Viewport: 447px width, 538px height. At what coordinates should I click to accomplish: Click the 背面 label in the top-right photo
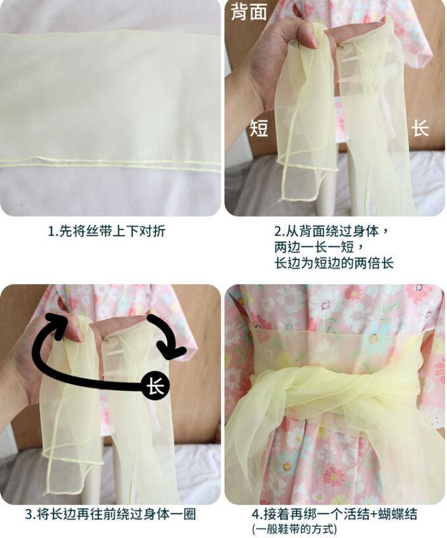249,12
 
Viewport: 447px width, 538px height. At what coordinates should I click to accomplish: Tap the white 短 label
259,129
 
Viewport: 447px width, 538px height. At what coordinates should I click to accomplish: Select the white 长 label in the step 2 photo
420,129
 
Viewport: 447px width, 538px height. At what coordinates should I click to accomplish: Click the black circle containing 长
156,386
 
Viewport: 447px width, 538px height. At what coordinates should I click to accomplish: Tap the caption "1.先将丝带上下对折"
106,231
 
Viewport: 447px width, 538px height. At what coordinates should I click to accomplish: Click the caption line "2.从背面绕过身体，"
332,231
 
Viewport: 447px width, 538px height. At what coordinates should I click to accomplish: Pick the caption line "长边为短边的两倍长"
334,263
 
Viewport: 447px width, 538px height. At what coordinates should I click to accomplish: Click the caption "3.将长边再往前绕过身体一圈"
111,514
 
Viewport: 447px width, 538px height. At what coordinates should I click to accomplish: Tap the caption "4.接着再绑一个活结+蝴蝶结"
334,514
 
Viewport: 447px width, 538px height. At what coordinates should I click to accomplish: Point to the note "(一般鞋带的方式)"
294,529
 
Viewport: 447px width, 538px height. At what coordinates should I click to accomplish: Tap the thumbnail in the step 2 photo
313,40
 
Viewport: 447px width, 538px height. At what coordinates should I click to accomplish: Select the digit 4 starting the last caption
256,514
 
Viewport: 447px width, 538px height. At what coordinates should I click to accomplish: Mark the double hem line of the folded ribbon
110,163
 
